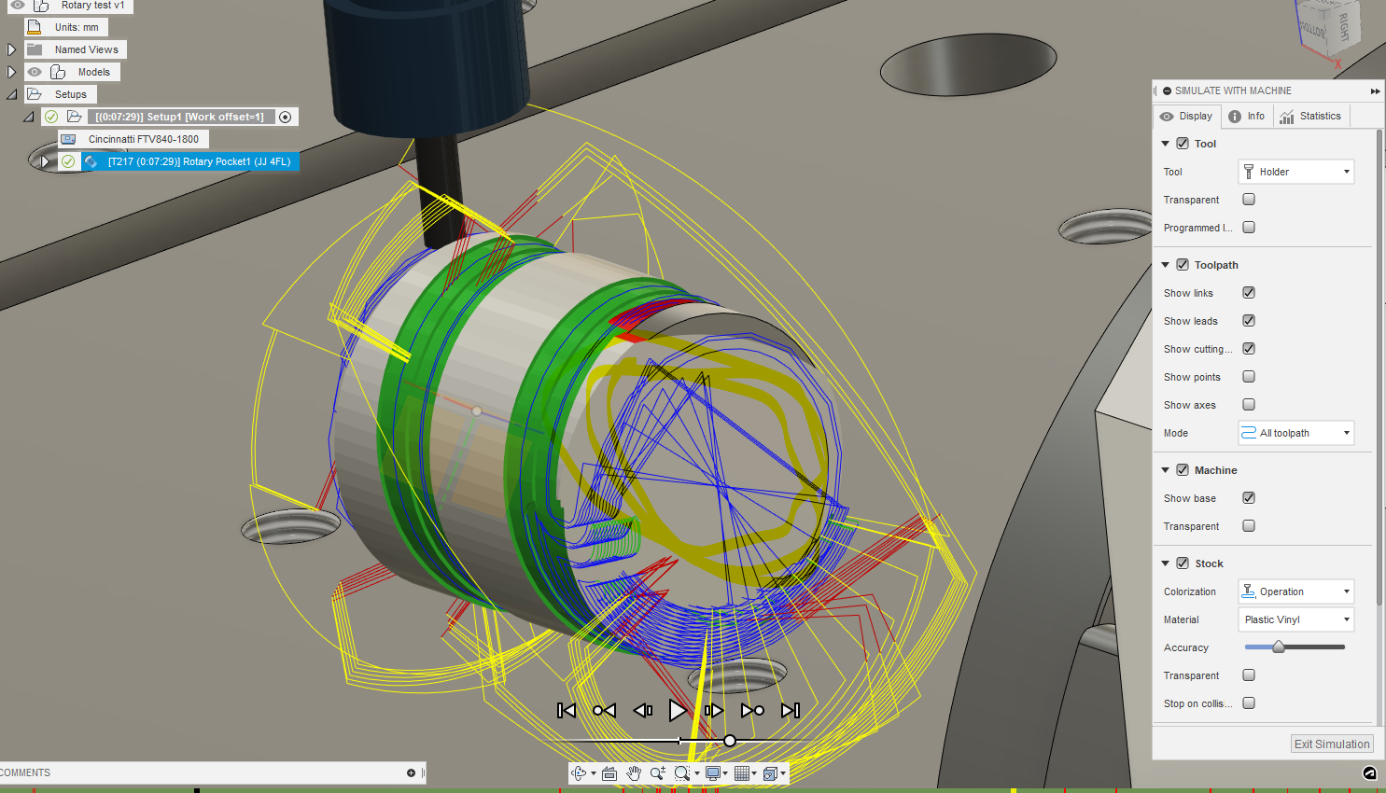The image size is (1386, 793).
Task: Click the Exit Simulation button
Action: pyautogui.click(x=1332, y=744)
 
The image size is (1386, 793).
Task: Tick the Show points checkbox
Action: pyautogui.click(x=1249, y=377)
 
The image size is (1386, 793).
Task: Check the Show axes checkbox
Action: pyautogui.click(x=1249, y=405)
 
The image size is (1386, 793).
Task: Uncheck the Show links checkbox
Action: pyautogui.click(x=1249, y=293)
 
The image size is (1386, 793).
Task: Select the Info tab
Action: pyautogui.click(x=1247, y=117)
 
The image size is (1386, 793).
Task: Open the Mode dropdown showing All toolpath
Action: pyautogui.click(x=1295, y=433)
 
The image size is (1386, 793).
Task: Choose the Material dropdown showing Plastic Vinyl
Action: pyautogui.click(x=1295, y=619)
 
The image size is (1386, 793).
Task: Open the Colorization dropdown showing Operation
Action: pyautogui.click(x=1295, y=591)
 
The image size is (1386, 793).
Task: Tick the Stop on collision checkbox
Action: pyautogui.click(x=1249, y=703)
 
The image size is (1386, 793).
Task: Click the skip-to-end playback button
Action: pyautogui.click(x=791, y=711)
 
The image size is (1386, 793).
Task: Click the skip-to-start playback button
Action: pyautogui.click(x=567, y=711)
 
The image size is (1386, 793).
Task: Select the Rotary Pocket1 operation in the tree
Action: pyautogui.click(x=199, y=161)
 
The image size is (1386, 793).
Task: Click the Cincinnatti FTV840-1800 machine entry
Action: pyautogui.click(x=143, y=139)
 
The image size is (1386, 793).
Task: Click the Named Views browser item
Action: pyautogui.click(x=86, y=49)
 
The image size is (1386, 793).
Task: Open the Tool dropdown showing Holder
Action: pyautogui.click(x=1295, y=172)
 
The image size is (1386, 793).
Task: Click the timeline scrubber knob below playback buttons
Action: pyautogui.click(x=730, y=741)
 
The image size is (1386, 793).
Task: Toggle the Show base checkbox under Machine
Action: pyautogui.click(x=1249, y=498)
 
